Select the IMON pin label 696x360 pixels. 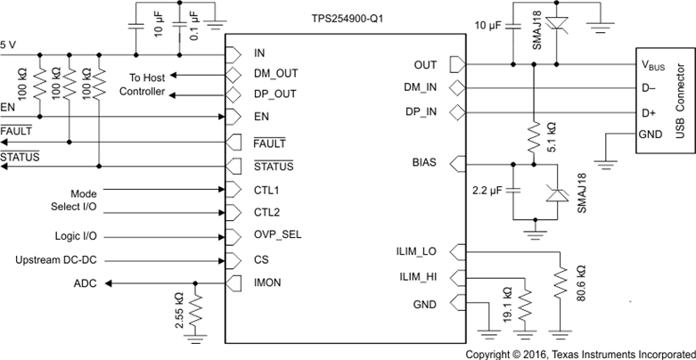(x=269, y=283)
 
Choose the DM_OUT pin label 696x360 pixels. (x=275, y=74)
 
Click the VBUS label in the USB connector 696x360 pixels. (x=654, y=65)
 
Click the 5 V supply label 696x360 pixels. (x=8, y=44)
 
